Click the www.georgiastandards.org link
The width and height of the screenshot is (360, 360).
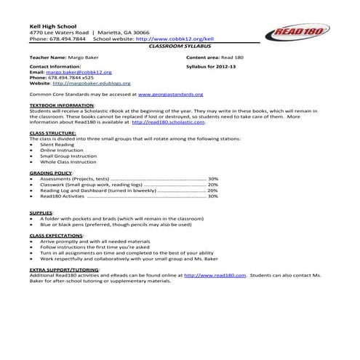click(x=191, y=94)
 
